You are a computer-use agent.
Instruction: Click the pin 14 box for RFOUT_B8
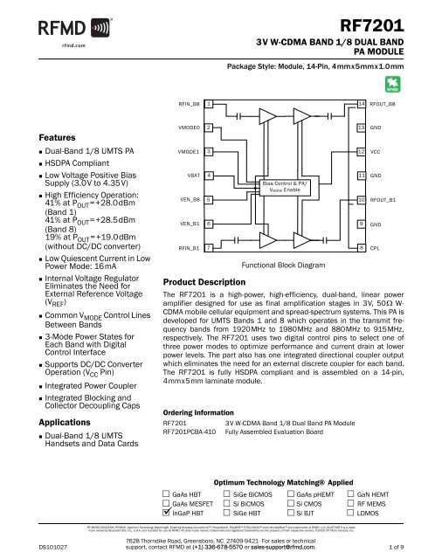(x=361, y=104)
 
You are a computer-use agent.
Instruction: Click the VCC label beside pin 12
(x=376, y=152)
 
